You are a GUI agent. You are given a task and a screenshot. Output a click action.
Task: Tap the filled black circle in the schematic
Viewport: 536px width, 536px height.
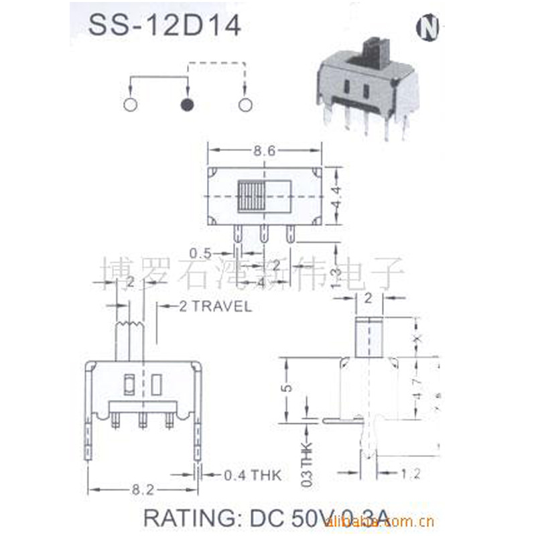click(x=188, y=105)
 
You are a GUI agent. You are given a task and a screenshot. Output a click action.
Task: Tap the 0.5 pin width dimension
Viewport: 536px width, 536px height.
click(x=201, y=254)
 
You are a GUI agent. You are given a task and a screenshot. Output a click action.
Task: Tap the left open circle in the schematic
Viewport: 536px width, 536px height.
click(x=131, y=105)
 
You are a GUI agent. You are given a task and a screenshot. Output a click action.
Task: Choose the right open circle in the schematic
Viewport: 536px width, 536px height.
click(x=245, y=105)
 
